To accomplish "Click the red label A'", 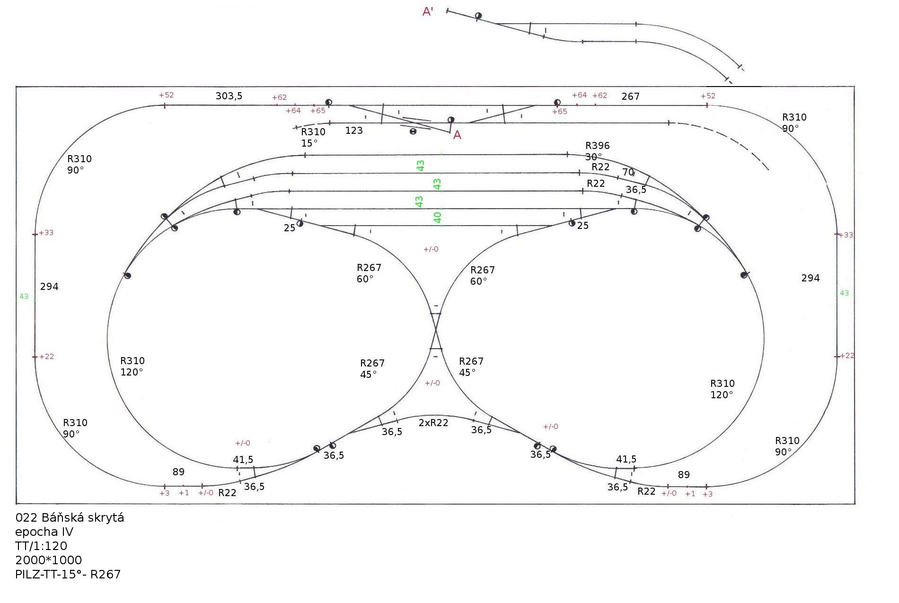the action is pyautogui.click(x=428, y=12).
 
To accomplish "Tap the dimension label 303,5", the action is pyautogui.click(x=229, y=96).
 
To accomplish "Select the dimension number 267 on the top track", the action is pyautogui.click(x=630, y=96).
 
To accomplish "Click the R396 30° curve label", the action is pyautogui.click(x=597, y=151).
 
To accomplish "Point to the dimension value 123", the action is pyautogui.click(x=354, y=131).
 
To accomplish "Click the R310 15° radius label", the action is pyautogui.click(x=313, y=137).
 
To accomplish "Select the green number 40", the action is pyautogui.click(x=438, y=218).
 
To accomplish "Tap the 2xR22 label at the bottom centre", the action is pyautogui.click(x=433, y=423).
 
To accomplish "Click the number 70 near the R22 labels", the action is pyautogui.click(x=628, y=173).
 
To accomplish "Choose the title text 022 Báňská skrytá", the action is pyautogui.click(x=70, y=517).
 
